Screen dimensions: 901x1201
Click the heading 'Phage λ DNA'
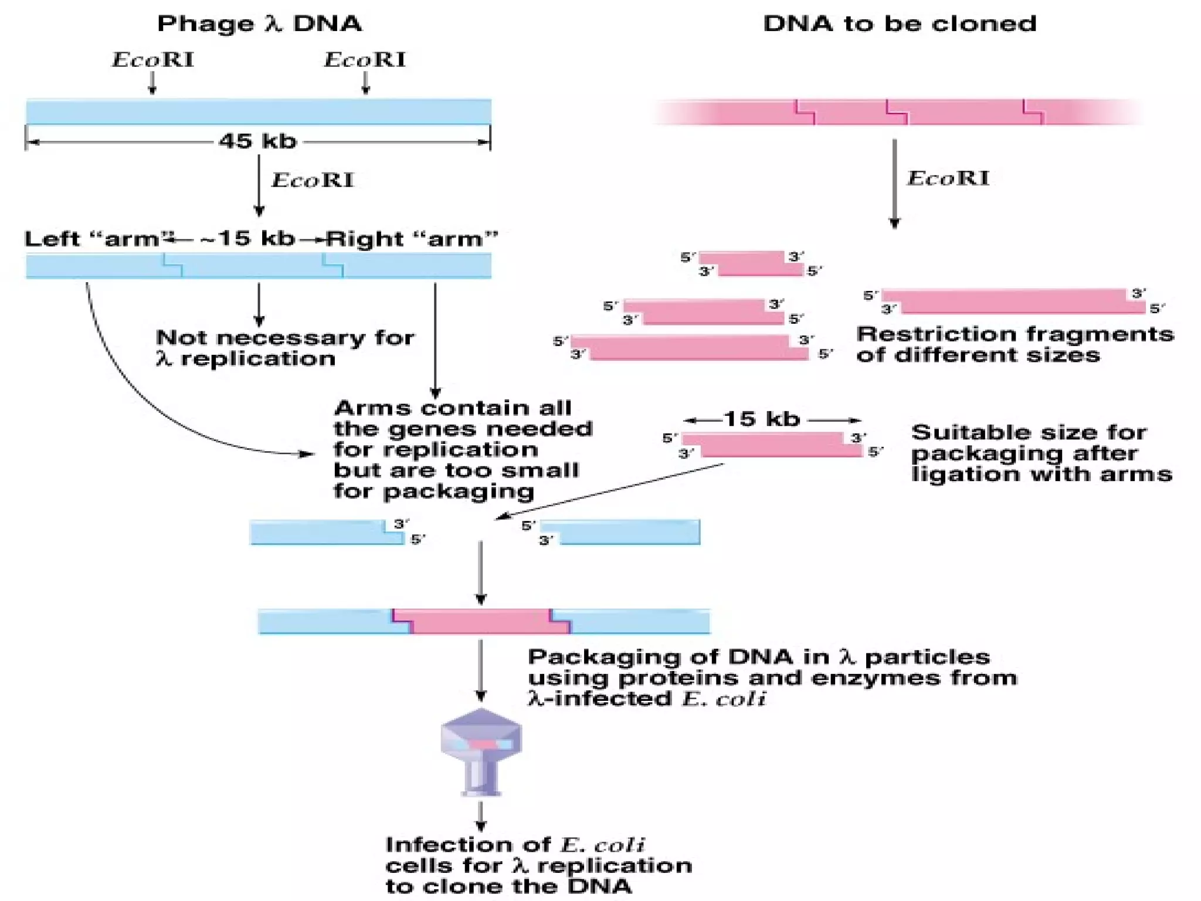click(x=259, y=23)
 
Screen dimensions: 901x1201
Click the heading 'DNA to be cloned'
click(x=900, y=23)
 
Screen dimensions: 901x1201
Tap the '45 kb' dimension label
click(x=257, y=141)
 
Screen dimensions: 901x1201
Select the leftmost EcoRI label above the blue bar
click(x=152, y=60)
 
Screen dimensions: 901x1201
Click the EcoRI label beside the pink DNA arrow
click(x=948, y=178)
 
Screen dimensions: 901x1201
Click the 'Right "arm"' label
click(x=412, y=239)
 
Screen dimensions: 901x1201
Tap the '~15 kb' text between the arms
click(x=246, y=239)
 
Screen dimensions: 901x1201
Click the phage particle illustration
click(x=481, y=751)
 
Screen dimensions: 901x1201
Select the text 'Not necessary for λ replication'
click(x=284, y=348)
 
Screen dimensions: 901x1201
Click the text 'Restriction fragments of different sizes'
click(x=1015, y=344)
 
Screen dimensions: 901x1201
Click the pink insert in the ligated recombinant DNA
click(x=481, y=622)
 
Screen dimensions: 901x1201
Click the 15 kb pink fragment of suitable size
click(x=772, y=445)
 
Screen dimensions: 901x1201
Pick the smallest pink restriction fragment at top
click(x=751, y=264)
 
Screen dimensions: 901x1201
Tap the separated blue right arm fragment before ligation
click(x=622, y=533)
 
